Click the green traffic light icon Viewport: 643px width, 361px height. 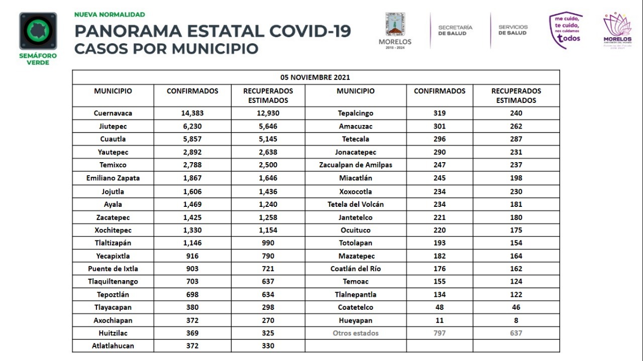(38, 31)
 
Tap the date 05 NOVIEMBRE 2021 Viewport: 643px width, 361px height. (315, 77)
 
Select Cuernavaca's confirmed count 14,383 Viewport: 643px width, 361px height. (192, 113)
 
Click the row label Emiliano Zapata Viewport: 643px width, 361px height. (113, 178)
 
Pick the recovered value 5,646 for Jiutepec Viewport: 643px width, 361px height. (268, 126)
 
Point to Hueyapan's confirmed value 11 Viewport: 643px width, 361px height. (439, 320)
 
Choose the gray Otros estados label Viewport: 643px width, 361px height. (355, 333)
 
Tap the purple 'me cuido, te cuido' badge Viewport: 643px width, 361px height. (566, 30)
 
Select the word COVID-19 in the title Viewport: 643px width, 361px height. (310, 31)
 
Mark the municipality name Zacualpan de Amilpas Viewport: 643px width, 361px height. (355, 165)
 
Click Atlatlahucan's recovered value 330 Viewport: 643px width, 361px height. (268, 346)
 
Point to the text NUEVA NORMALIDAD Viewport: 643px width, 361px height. (110, 15)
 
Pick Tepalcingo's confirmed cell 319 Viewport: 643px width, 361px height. (439, 113)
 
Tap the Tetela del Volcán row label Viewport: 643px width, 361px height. (355, 204)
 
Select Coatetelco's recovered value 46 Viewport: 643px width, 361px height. (516, 307)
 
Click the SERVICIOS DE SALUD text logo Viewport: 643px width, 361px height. (513, 30)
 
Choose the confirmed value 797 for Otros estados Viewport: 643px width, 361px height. (439, 333)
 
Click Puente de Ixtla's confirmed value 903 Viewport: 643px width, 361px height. (192, 269)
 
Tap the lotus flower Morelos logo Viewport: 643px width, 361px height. (617, 30)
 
